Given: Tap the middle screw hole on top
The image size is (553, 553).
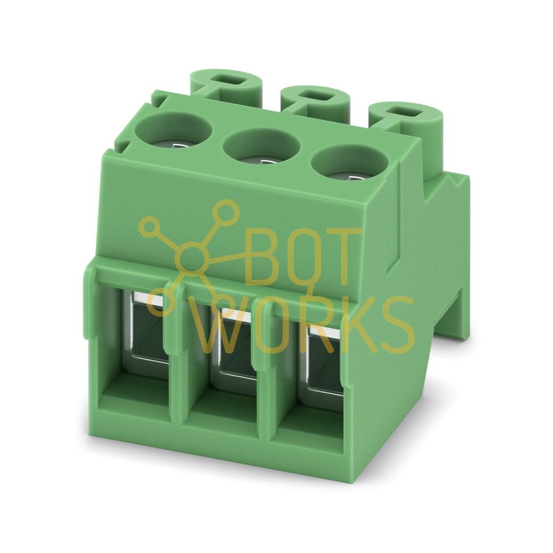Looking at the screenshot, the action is point(261,148).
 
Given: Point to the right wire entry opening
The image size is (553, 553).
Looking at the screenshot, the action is point(325,359).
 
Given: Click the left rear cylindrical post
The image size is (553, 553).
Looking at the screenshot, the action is point(226,84).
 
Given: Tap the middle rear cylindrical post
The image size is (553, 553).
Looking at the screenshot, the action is point(315,100).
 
